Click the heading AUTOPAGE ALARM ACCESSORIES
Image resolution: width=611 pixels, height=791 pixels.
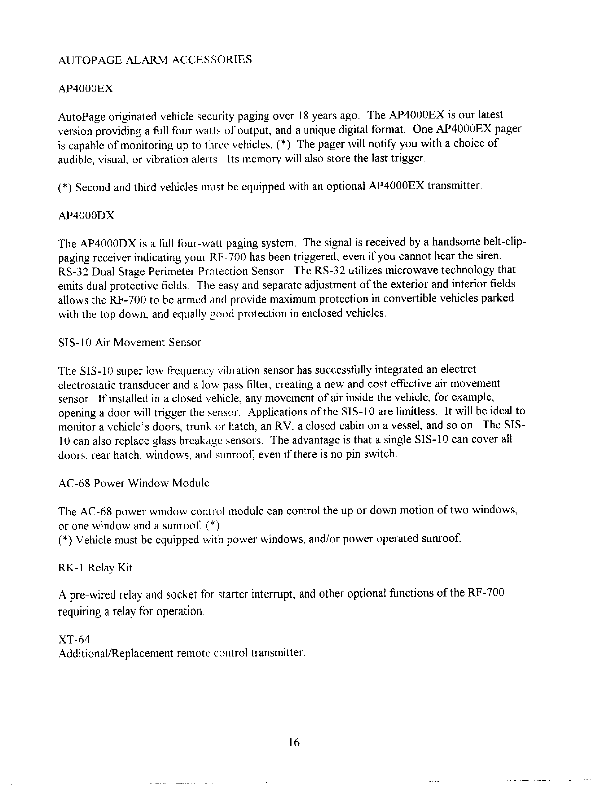coord(155,60)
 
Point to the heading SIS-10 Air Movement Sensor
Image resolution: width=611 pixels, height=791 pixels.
coord(129,343)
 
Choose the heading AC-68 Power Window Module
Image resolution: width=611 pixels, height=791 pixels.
coord(134,483)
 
